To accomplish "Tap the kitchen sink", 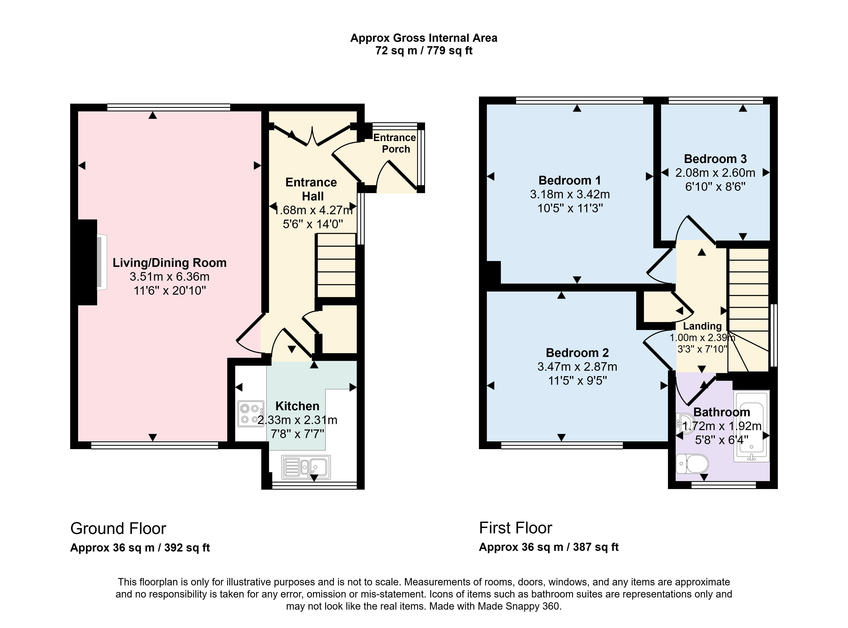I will tap(306, 467).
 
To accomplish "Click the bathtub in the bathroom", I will tap(751, 426).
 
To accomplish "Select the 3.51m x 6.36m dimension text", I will tap(169, 277).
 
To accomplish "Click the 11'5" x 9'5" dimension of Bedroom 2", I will tap(577, 381).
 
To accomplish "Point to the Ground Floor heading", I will tap(118, 528).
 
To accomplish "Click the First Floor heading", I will tap(515, 528).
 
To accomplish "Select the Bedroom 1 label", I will tap(570, 180).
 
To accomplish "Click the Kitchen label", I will tap(297, 406).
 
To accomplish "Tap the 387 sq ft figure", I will tap(596, 547).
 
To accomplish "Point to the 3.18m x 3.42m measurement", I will tap(570, 194).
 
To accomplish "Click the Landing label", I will tap(702, 326).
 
